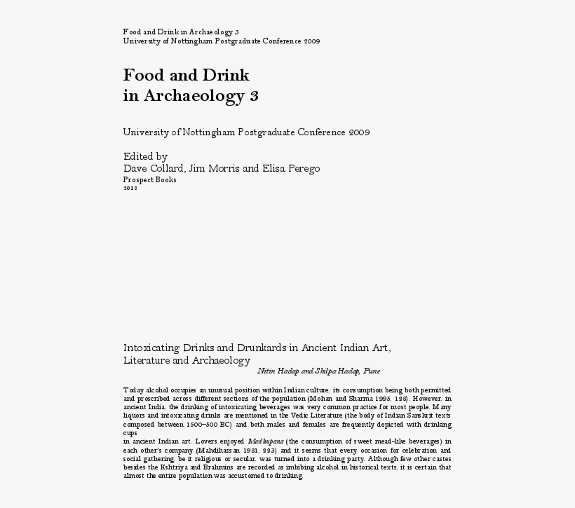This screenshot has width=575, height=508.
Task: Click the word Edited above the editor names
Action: [x=140, y=156]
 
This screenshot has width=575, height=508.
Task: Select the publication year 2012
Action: [x=130, y=188]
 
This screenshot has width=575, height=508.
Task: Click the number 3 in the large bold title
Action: [x=254, y=96]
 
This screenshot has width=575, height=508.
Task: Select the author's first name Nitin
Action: [x=267, y=371]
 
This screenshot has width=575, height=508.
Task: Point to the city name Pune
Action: [x=372, y=371]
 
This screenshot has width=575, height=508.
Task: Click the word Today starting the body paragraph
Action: [x=133, y=389]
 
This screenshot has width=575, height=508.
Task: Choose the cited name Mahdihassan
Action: [x=212, y=450]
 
